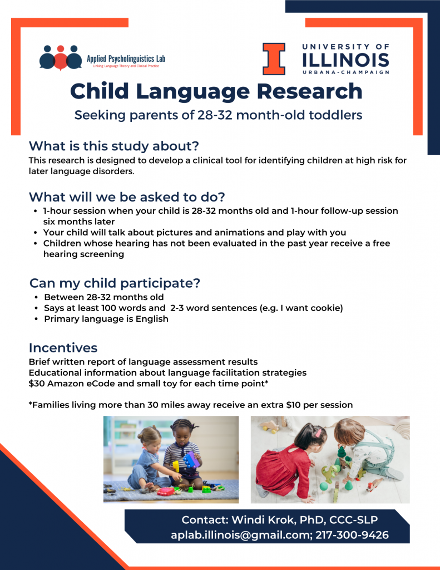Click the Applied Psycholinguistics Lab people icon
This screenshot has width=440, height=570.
coord(60,56)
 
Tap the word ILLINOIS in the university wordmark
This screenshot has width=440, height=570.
coord(345,60)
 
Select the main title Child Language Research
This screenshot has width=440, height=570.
coord(216,91)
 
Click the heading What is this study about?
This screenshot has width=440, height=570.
coord(113,146)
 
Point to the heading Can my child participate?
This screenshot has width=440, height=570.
coord(115,283)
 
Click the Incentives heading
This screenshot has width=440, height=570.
coord(63,348)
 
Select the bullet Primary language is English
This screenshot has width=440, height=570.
coord(106,319)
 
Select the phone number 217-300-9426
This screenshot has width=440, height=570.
coord(352,535)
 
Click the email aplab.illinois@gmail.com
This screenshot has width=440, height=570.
coord(240,535)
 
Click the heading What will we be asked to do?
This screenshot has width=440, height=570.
coord(127,197)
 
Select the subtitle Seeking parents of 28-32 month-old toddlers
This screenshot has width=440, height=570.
coord(218,115)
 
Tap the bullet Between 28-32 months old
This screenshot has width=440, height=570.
coord(103,297)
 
